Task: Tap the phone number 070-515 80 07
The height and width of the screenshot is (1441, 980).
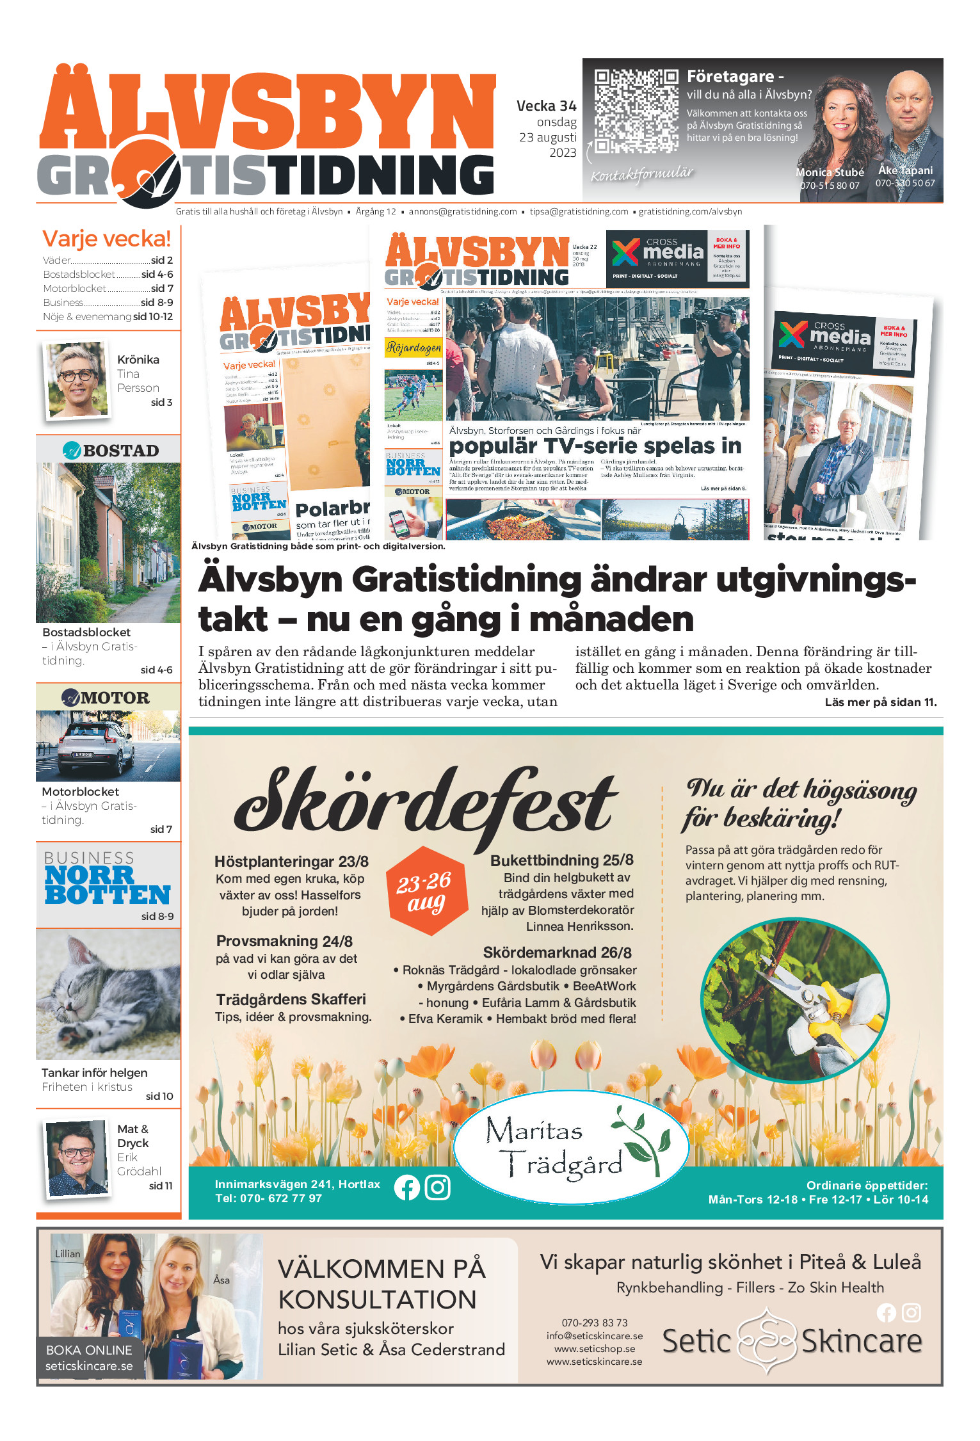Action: (x=830, y=186)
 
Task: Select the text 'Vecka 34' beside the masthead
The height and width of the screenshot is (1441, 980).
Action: (x=546, y=106)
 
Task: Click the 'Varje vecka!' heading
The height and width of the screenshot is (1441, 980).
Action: (x=106, y=239)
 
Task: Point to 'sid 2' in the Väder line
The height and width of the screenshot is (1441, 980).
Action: (x=162, y=261)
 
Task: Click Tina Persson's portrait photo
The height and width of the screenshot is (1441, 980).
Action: (x=77, y=381)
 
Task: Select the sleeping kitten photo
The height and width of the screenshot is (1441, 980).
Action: (x=108, y=994)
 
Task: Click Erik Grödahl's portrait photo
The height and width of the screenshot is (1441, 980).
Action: (x=77, y=1157)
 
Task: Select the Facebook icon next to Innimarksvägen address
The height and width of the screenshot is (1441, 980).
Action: (x=407, y=1187)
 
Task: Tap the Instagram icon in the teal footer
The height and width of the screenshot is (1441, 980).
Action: (x=438, y=1187)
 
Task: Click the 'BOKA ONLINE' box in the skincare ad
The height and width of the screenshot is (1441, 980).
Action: (x=89, y=1358)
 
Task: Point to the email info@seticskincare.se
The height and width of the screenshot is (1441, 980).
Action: (x=594, y=1336)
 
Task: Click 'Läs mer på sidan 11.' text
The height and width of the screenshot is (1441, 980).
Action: (x=880, y=702)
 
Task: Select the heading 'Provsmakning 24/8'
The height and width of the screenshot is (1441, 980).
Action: (x=284, y=942)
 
